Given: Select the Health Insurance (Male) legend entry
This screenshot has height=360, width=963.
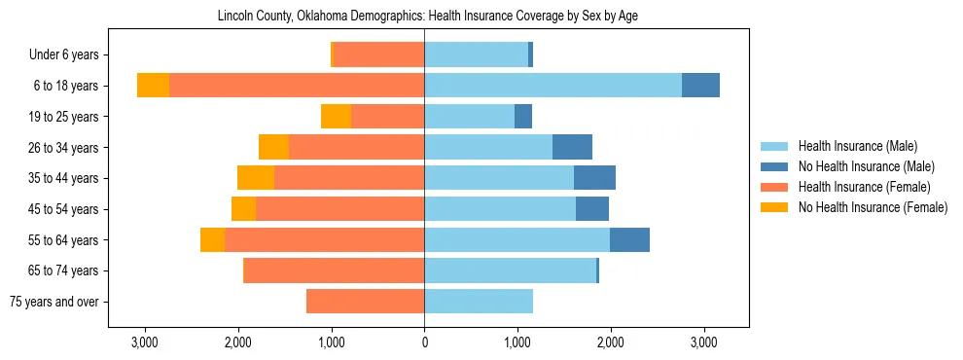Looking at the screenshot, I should pyautogui.click(x=856, y=146).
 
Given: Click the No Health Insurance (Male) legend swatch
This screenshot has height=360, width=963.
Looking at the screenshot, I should pyautogui.click(x=774, y=166).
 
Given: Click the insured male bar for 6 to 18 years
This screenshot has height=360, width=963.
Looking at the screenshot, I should pyautogui.click(x=553, y=86).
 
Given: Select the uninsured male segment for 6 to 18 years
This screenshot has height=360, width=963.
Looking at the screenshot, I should pyautogui.click(x=700, y=86).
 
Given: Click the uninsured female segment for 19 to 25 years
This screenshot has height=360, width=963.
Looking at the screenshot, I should pyautogui.click(x=336, y=117).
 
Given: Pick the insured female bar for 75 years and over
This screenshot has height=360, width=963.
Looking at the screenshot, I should pyautogui.click(x=365, y=302).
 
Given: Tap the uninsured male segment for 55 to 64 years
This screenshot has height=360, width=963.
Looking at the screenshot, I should pyautogui.click(x=629, y=240).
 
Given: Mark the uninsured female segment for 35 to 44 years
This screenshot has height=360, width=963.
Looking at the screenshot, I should pyautogui.click(x=256, y=178).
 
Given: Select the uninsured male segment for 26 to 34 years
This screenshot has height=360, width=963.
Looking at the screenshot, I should pyautogui.click(x=572, y=147).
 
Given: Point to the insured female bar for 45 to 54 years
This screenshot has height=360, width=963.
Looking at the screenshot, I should pyautogui.click(x=339, y=209).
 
